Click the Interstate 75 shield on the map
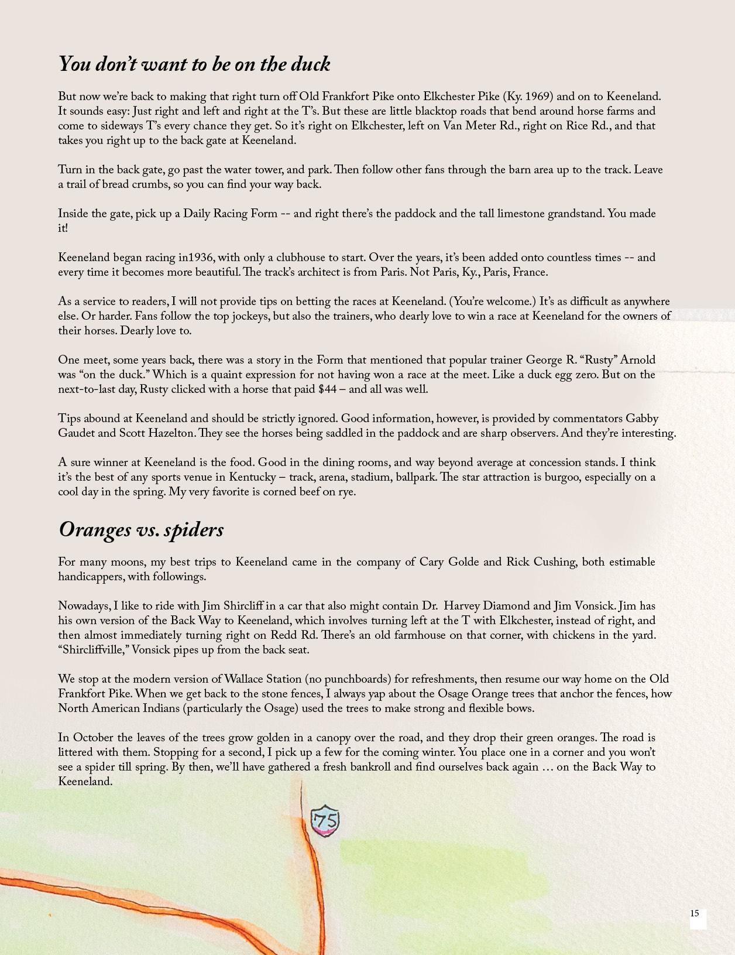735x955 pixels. pyautogui.click(x=325, y=820)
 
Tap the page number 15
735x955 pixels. pyautogui.click(x=695, y=913)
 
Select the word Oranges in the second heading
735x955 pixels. pyautogui.click(x=95, y=529)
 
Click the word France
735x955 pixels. pyautogui.click(x=530, y=272)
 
